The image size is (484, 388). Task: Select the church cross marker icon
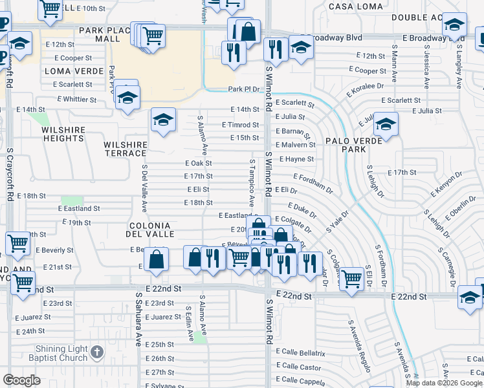point(96,352)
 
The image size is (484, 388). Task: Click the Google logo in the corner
point(21,380)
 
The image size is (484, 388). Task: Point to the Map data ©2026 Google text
point(443,383)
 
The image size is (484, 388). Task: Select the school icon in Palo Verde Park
point(386,124)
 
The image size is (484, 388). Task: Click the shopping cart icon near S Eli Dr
point(351,279)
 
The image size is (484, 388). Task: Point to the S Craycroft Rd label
point(10,175)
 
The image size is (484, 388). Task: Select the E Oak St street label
point(198,164)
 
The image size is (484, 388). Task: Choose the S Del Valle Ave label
point(144,188)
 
